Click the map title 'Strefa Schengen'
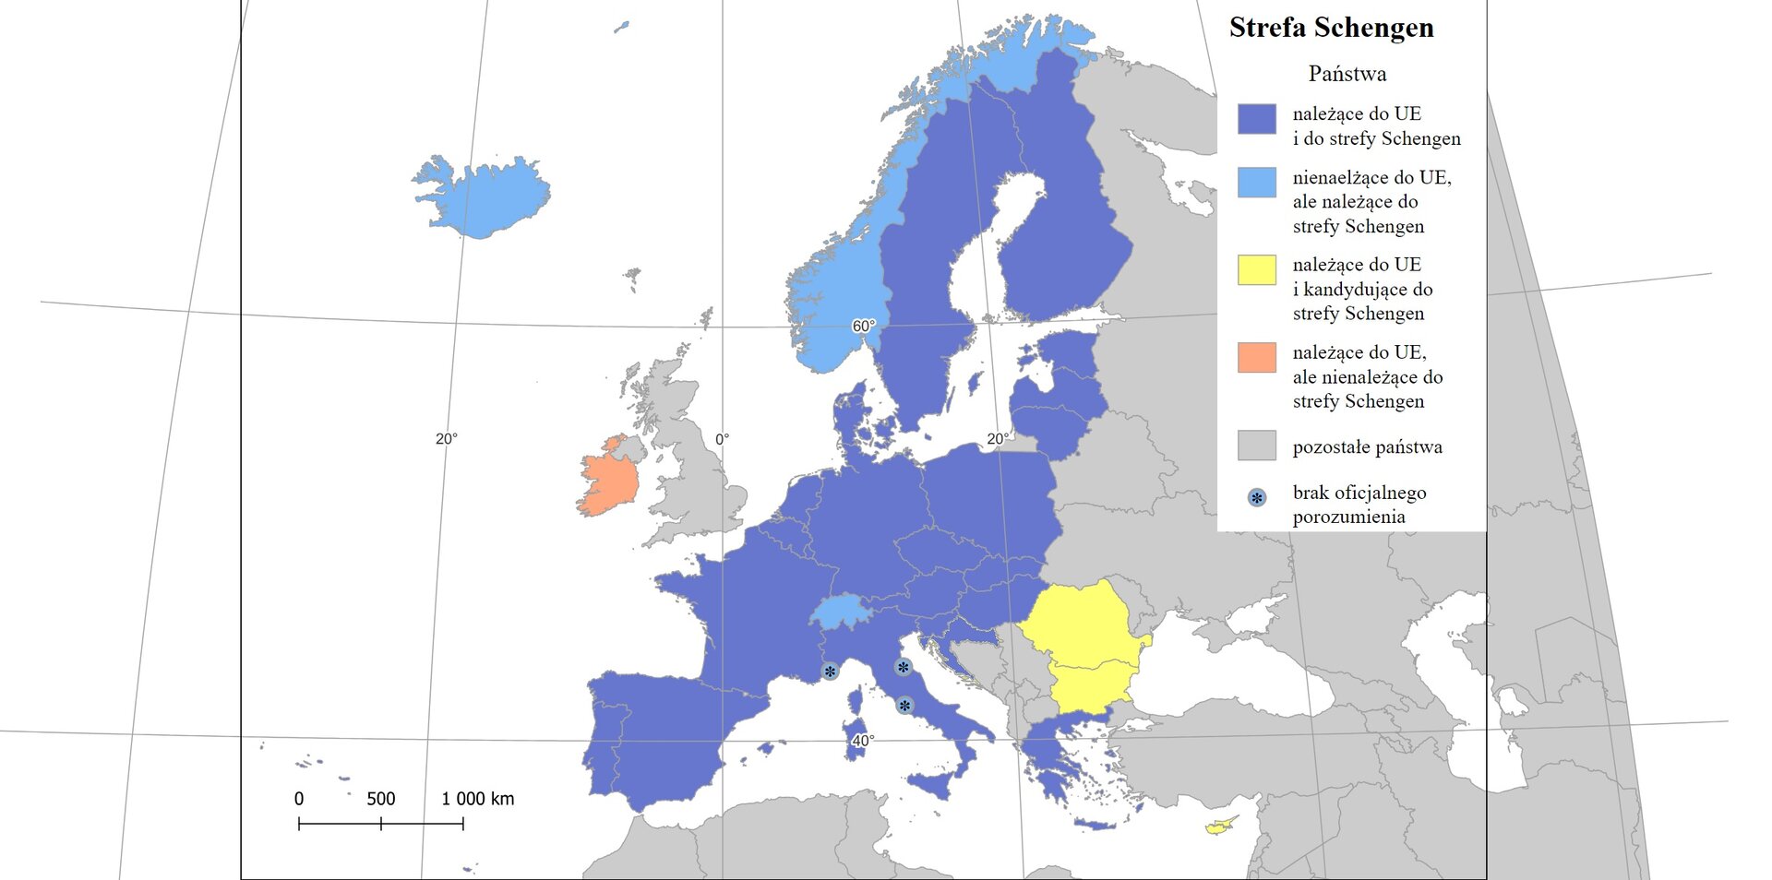[1331, 28]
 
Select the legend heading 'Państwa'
[1347, 74]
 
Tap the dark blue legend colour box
[1256, 119]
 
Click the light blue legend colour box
[1256, 182]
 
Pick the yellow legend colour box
[1256, 269]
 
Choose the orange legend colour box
[1256, 357]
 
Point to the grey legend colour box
[1256, 445]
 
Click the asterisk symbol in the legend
[1256, 498]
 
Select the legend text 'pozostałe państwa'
[1367, 447]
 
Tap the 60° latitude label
[863, 326]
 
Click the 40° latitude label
[862, 741]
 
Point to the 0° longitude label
[722, 439]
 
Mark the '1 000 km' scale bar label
[477, 799]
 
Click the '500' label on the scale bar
[380, 799]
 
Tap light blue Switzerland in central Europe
[840, 611]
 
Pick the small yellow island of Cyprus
[1220, 826]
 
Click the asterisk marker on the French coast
[830, 672]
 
